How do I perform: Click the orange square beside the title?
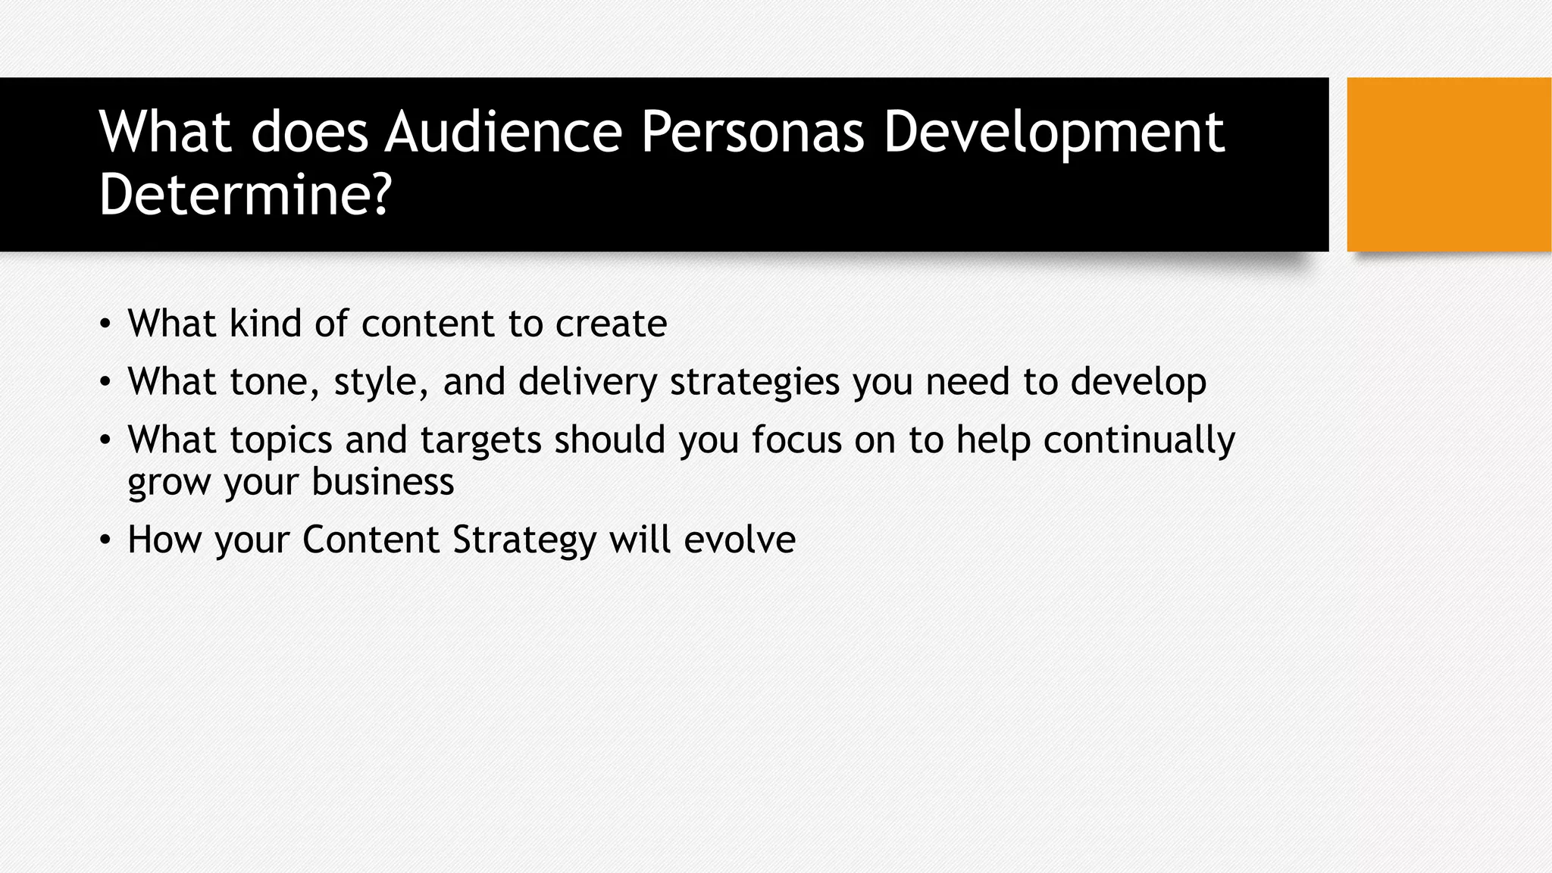1448,164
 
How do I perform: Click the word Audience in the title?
503,132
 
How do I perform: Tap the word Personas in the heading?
753,132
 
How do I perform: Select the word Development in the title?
1053,132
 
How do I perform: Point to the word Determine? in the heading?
245,195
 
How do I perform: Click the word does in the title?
309,132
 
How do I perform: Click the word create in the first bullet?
611,324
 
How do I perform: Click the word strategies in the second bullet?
755,381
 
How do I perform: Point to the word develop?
1138,381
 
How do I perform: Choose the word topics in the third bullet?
281,440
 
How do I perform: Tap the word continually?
1139,440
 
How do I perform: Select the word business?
383,482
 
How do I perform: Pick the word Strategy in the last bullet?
524,540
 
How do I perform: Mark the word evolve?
740,540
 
